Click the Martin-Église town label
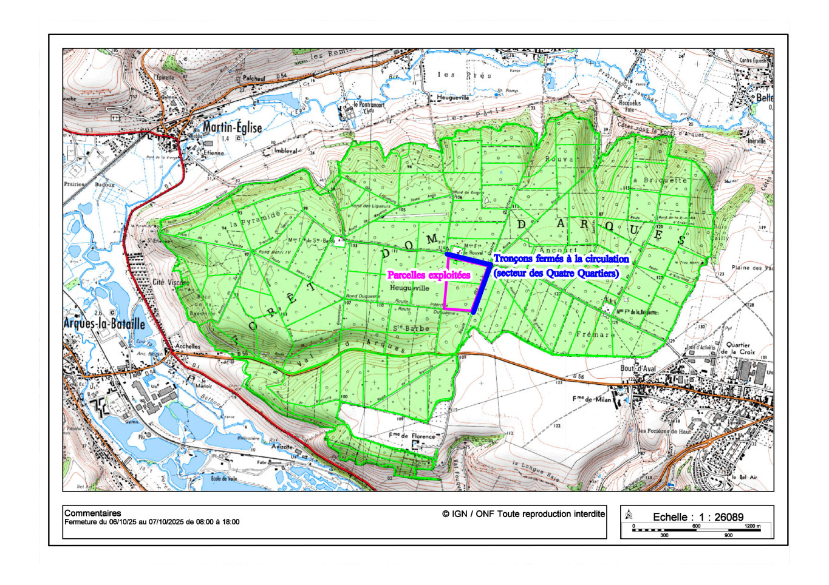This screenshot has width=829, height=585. point(232,127)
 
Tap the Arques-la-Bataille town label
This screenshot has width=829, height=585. point(104,323)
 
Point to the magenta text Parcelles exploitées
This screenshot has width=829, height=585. point(429,276)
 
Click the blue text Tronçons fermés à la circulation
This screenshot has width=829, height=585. point(561,259)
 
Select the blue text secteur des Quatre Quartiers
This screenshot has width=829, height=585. point(556,274)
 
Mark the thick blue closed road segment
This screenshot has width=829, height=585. point(483,285)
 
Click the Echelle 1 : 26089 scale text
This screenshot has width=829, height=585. point(698,517)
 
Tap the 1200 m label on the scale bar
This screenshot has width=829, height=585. point(752,526)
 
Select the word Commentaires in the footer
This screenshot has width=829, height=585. point(92,513)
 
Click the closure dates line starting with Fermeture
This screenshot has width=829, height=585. point(152,522)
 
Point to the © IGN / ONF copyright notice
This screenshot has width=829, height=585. point(524,514)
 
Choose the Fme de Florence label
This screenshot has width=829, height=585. point(412,436)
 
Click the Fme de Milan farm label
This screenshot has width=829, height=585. point(592,399)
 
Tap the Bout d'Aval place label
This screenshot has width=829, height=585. point(638,368)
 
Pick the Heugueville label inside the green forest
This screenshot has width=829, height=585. point(409,288)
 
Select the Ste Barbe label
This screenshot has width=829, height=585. point(411,328)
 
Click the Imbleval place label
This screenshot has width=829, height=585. point(285,150)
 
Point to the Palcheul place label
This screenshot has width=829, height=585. point(254,78)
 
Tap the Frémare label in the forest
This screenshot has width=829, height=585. point(595,334)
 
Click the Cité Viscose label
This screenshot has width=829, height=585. point(171,282)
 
